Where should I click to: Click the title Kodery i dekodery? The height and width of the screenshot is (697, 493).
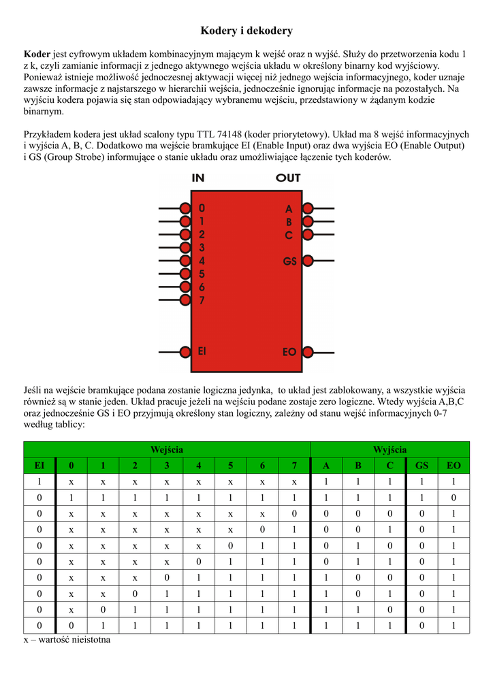click(x=246, y=31)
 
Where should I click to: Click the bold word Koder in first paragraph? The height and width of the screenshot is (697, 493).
click(x=37, y=54)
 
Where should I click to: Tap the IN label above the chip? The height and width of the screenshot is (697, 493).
click(x=198, y=178)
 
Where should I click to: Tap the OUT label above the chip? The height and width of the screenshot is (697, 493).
click(x=288, y=178)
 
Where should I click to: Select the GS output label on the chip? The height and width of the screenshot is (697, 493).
click(x=289, y=261)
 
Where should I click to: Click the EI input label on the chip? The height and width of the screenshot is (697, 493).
click(x=202, y=351)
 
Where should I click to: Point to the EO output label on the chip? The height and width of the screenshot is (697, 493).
click(x=289, y=352)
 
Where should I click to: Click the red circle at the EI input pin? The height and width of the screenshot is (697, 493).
click(x=185, y=351)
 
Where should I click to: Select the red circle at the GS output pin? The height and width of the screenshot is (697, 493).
click(x=307, y=260)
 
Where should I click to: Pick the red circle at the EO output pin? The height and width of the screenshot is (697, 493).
click(x=307, y=351)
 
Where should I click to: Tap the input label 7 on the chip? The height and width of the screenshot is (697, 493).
click(x=202, y=300)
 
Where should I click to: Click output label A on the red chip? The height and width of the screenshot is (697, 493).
click(x=289, y=209)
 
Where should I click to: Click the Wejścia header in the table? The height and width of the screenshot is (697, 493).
click(x=166, y=450)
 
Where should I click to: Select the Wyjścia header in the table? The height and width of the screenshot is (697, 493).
click(x=389, y=450)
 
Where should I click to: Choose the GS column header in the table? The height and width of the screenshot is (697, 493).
click(x=422, y=466)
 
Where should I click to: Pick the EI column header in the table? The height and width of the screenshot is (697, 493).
click(x=39, y=466)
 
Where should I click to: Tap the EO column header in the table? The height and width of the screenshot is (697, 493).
click(x=454, y=466)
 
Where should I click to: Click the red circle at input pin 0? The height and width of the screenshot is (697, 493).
click(x=185, y=207)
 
